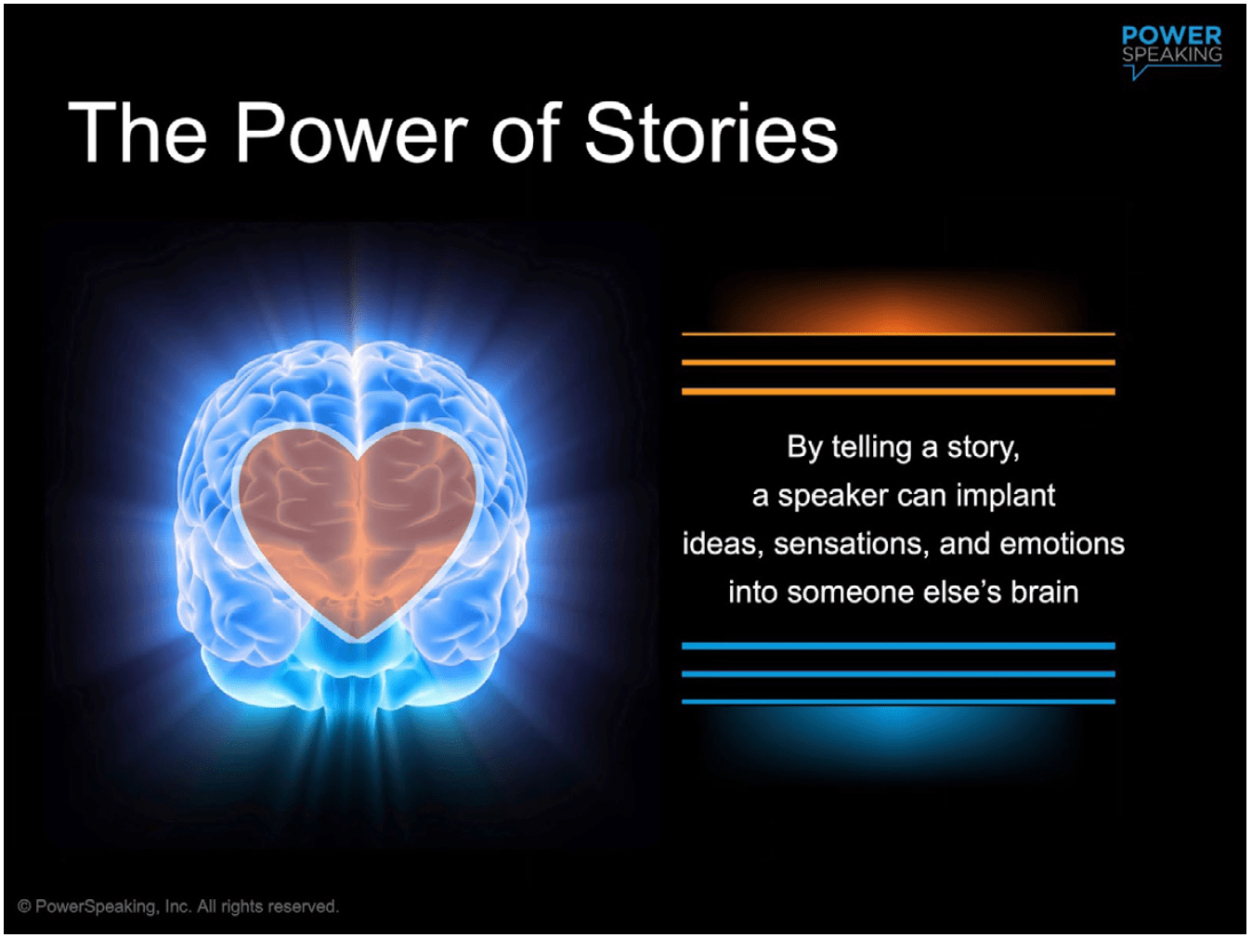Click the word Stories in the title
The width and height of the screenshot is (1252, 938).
point(711,134)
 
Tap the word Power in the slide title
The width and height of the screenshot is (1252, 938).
point(351,134)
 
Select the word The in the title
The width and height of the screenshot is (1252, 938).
point(137,134)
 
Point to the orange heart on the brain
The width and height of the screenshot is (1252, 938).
point(358,525)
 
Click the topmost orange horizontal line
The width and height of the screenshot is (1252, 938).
point(898,333)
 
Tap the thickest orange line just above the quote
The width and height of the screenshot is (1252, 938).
point(898,392)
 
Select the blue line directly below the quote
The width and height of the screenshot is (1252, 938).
point(898,645)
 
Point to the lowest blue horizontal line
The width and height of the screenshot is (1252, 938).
point(898,702)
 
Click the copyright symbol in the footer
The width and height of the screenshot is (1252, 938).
point(24,906)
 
